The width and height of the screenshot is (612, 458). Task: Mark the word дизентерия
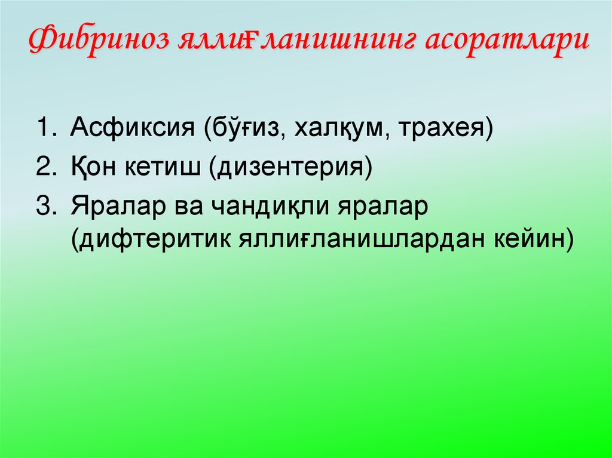(290, 168)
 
